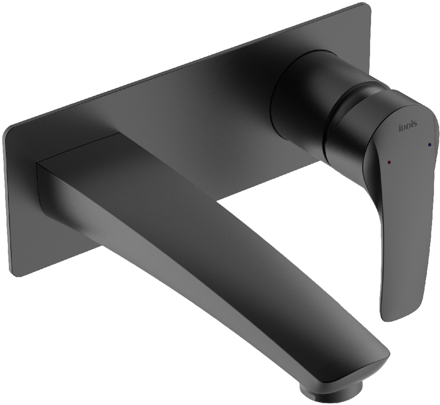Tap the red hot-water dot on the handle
pyautogui.click(x=389, y=162)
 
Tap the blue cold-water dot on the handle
pyautogui.click(x=430, y=145)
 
